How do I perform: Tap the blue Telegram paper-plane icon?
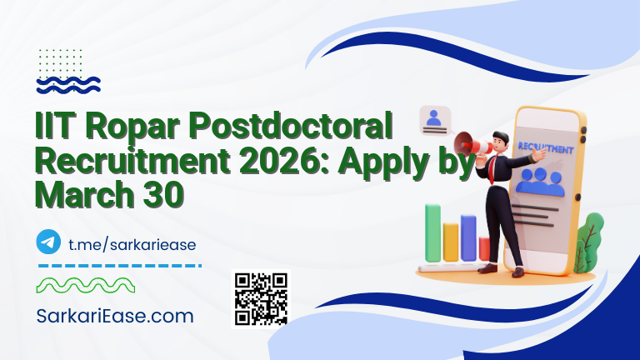[49, 242]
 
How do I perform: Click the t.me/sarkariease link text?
[132, 243]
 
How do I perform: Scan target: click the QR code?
[261, 298]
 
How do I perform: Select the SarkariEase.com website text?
[116, 317]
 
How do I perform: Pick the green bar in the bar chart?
[432, 232]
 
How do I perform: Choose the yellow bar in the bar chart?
[451, 241]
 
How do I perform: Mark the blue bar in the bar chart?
[468, 237]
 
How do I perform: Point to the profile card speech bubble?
[434, 121]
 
